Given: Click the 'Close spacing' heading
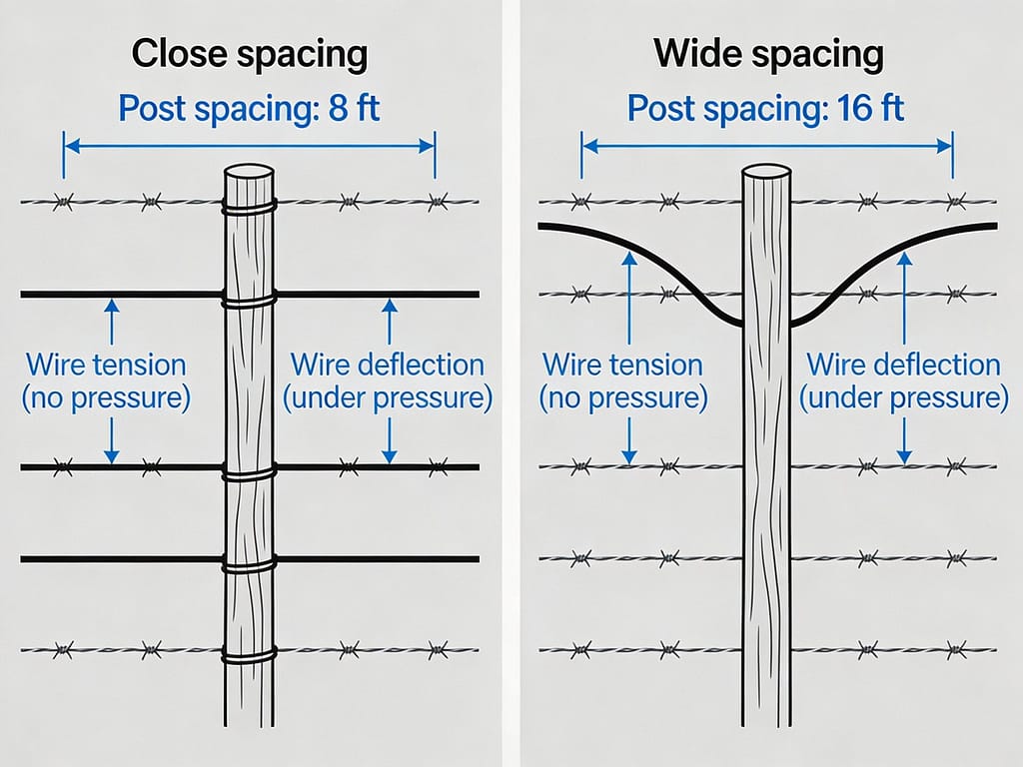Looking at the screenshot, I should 249,54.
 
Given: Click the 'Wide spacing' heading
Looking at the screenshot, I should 768,54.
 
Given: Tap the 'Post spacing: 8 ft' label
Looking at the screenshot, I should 249,107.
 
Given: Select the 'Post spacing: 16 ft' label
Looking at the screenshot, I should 766,107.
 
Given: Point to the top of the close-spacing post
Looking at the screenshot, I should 249,173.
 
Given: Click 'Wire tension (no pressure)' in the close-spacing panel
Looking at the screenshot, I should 106,382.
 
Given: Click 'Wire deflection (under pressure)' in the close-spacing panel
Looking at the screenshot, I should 388,382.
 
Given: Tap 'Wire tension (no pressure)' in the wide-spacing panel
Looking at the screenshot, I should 623,382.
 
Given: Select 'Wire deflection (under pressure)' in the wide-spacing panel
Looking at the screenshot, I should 904,382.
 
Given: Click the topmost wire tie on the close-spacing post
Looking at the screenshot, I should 249,208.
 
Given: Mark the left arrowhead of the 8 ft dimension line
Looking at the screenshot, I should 68,145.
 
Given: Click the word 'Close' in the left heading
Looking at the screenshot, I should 176,54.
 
